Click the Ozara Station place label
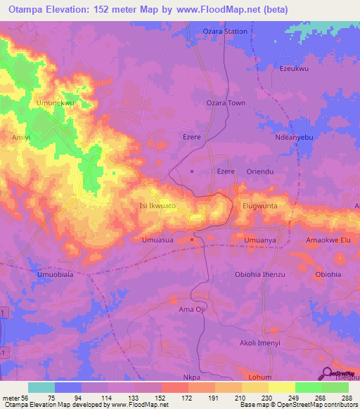click(225, 32)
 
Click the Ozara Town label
click(225, 103)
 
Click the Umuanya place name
click(261, 240)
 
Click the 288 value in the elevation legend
click(346, 398)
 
